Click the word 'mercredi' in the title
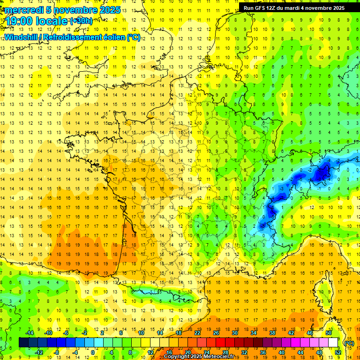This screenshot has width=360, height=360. (24, 10)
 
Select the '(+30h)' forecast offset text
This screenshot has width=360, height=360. (81, 21)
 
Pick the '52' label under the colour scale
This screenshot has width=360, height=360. (337, 352)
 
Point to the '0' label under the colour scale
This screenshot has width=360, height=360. (93, 352)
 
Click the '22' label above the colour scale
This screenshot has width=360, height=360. (197, 332)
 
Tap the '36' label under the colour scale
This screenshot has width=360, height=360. (262, 352)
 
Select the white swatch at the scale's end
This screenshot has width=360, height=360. (333, 342)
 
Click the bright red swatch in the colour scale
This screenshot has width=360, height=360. (221, 342)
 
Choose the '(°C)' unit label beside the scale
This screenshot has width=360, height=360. (349, 343)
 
